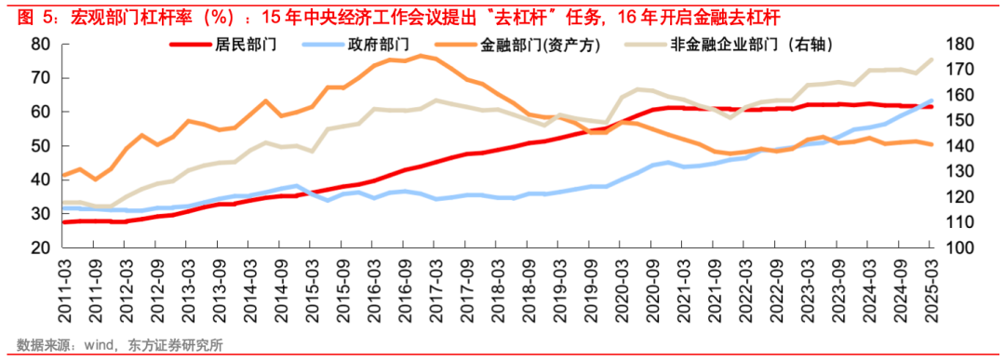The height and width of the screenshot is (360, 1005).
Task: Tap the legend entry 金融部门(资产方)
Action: pos(540,45)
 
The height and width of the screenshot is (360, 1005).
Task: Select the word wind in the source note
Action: pos(99,344)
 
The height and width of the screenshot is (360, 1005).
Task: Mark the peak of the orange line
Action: pos(421,56)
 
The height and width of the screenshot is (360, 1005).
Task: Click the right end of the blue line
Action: pos(932,100)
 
